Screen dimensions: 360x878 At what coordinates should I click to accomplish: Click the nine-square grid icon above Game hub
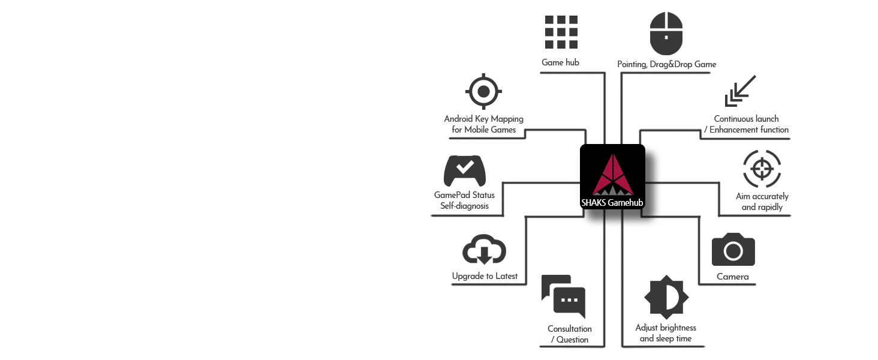(x=561, y=32)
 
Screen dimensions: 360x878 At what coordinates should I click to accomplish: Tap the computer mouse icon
(x=666, y=33)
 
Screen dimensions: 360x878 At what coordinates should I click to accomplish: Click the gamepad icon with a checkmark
(x=464, y=171)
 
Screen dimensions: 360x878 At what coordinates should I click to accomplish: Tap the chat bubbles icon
(x=563, y=296)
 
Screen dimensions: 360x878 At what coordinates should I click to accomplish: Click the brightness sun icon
(x=666, y=297)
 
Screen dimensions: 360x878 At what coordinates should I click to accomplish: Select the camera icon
(x=733, y=250)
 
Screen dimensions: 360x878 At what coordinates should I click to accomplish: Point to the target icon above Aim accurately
(x=762, y=169)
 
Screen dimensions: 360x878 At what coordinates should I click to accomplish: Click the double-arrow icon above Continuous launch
(x=740, y=91)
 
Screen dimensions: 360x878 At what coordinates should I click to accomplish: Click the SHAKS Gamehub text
(x=612, y=203)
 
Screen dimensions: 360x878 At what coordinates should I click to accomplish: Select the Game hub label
(x=560, y=62)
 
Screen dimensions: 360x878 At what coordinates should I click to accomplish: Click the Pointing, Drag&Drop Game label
(x=666, y=64)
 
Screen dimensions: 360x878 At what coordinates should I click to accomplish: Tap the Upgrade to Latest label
(x=485, y=276)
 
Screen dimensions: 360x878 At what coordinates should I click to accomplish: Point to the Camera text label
(x=733, y=277)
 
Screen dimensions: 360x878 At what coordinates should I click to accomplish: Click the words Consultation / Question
(x=570, y=334)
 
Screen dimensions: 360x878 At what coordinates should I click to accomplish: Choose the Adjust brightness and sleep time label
(x=666, y=333)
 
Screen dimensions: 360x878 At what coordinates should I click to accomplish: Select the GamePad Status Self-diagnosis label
(x=464, y=200)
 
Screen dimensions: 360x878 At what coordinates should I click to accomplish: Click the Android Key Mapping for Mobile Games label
(x=483, y=124)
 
